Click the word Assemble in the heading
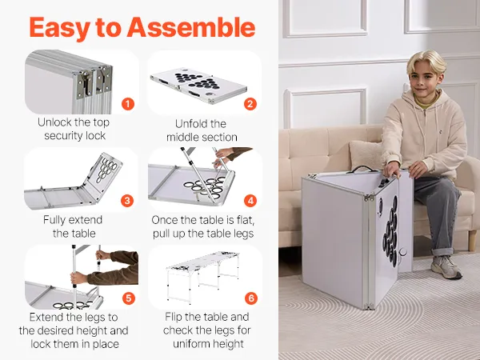(191, 27)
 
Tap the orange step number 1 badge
(128, 104)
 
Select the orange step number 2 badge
(250, 104)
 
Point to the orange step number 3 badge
(127, 201)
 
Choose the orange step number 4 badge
(250, 201)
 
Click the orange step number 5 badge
(129, 298)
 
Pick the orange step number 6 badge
(251, 298)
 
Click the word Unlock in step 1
(54, 122)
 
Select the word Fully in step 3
(54, 220)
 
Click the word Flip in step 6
(174, 317)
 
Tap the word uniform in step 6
(193, 344)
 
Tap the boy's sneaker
(446, 266)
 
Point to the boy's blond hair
(426, 60)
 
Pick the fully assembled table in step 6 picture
(203, 275)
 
